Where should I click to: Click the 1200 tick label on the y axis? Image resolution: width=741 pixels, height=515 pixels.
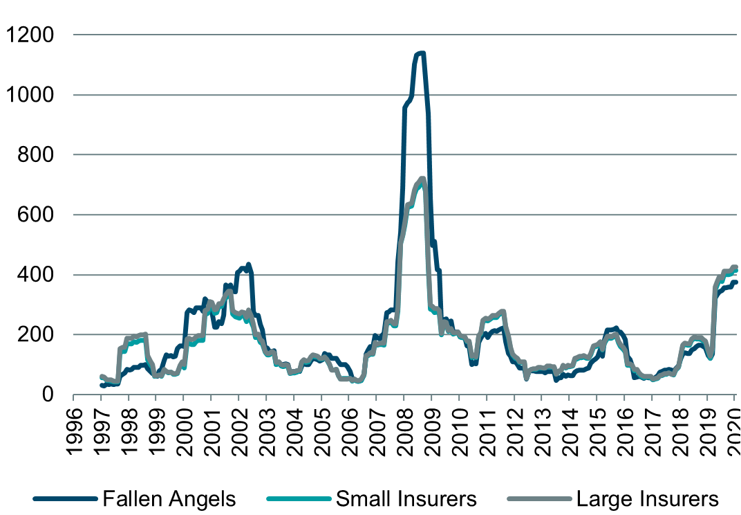(x=30, y=35)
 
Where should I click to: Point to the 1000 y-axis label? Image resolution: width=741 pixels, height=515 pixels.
(x=30, y=95)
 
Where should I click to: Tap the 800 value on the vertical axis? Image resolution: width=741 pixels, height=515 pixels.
(x=36, y=154)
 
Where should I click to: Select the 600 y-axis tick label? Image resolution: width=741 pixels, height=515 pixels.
(x=36, y=215)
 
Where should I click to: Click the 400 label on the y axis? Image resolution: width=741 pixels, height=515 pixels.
(x=36, y=275)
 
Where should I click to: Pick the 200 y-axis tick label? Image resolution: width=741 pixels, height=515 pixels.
(x=36, y=334)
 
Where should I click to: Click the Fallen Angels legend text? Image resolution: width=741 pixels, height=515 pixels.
(x=169, y=498)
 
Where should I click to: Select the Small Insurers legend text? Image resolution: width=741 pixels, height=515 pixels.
(x=406, y=498)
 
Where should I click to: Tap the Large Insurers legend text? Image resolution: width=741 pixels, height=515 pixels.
(x=647, y=498)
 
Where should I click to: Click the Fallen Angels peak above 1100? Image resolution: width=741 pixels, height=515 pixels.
(x=420, y=53)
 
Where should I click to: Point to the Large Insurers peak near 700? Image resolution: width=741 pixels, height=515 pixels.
(x=422, y=179)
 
